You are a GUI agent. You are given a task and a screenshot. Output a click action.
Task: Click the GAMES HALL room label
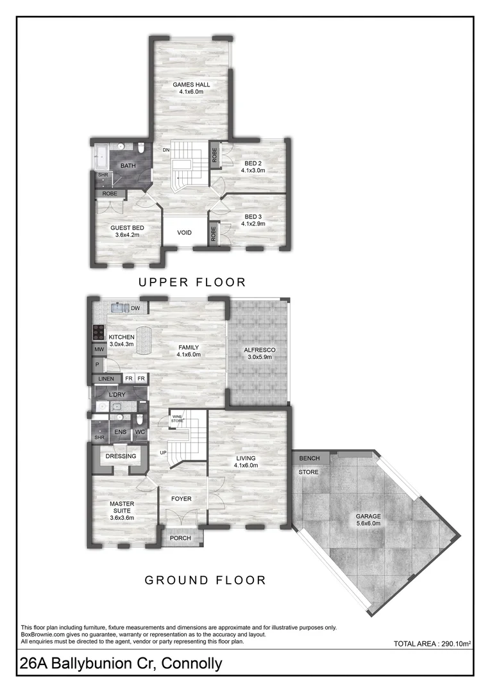click(191, 85)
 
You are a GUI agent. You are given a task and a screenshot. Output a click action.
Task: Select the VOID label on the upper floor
click(184, 233)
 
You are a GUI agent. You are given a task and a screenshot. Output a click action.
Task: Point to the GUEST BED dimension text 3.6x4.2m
click(127, 235)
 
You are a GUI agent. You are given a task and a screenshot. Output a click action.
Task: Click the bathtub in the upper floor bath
click(101, 157)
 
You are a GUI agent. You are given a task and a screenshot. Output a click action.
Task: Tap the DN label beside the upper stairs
click(165, 150)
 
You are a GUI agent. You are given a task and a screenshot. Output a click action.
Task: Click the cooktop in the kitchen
click(97, 332)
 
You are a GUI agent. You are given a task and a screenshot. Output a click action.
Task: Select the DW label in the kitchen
click(135, 308)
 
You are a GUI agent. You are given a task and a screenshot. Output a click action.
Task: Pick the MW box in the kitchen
click(99, 350)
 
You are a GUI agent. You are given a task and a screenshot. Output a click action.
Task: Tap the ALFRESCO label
click(259, 350)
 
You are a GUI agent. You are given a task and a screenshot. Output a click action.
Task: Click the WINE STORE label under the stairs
click(177, 419)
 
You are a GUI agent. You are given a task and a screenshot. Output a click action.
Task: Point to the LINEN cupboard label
click(106, 379)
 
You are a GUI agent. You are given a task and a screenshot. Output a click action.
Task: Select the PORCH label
click(180, 538)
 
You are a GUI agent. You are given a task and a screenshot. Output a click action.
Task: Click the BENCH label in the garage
click(309, 458)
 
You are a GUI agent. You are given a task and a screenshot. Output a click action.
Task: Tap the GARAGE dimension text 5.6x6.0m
click(368, 523)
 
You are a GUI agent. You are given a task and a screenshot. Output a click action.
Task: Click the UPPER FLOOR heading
click(192, 282)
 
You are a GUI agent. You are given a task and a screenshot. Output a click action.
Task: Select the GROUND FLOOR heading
click(205, 580)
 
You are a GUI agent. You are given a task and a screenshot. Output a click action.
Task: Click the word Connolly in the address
click(192, 664)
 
